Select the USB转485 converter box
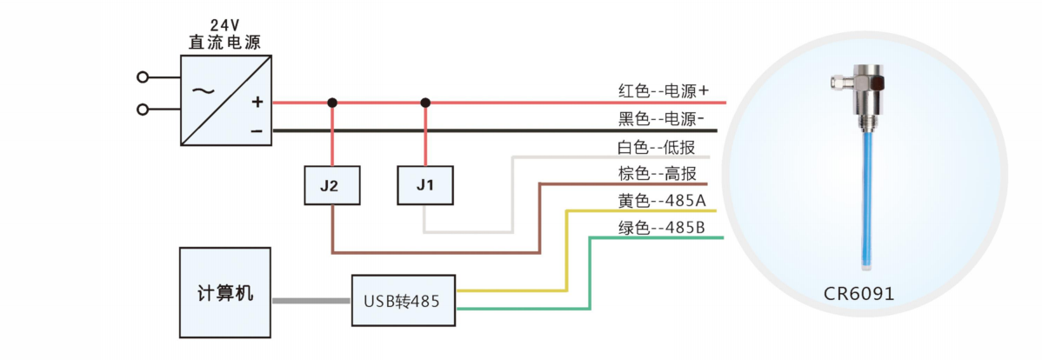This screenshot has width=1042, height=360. coord(404,301)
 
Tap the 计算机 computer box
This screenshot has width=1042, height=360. coord(225,293)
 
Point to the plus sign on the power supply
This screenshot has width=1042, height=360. coord(257,103)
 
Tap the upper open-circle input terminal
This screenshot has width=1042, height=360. coord(143,77)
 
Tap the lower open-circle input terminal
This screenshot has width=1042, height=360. coord(143,110)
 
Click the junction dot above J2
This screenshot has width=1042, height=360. coord(331,103)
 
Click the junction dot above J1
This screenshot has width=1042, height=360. coord(425,103)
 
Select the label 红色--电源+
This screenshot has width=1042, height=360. coord(663,90)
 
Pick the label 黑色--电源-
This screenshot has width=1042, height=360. coord(661,118)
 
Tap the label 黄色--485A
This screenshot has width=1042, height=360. coord(661,201)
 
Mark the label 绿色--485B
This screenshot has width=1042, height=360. coord(661,228)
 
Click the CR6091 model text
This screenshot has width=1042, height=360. coord(858,294)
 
